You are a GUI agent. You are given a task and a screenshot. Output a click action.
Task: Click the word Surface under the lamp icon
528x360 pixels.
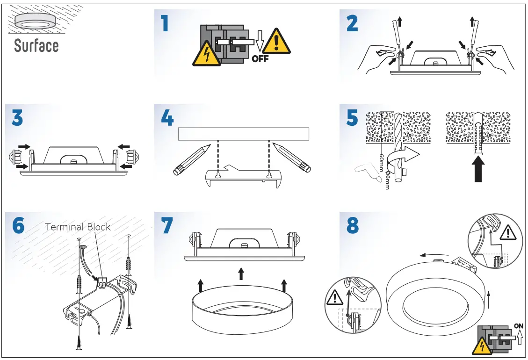[x=36, y=46]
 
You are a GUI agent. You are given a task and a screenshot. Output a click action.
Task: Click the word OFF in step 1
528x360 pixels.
[x=260, y=59]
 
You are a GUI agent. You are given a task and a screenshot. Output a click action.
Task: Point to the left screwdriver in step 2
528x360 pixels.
[x=398, y=40]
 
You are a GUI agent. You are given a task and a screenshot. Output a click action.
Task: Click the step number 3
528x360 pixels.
[x=17, y=118]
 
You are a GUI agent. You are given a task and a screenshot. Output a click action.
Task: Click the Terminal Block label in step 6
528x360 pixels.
[x=78, y=227]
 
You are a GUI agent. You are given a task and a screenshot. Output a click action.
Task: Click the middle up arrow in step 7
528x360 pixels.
[x=241, y=274]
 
